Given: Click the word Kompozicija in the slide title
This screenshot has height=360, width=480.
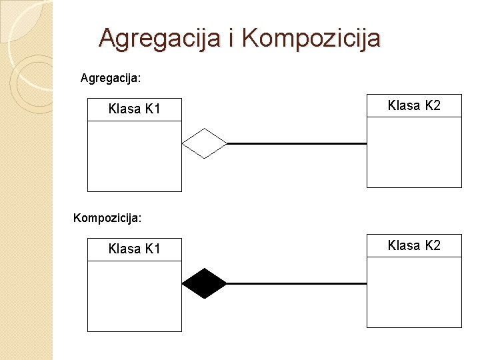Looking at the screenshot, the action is (311, 38).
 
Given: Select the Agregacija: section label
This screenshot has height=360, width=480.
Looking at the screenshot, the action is (111, 78).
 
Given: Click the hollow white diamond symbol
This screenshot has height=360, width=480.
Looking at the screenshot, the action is (205, 143).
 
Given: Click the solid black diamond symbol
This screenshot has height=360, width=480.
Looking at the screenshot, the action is (205, 283).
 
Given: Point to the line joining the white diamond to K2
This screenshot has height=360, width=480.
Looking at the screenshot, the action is (297, 143).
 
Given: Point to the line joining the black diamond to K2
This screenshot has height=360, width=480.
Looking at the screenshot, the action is (297, 283).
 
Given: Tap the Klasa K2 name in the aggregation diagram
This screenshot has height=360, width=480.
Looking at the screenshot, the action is (414, 105).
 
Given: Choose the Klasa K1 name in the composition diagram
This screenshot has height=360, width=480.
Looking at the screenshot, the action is (134, 249).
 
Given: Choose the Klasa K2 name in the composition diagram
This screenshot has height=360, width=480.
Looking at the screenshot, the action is (414, 245).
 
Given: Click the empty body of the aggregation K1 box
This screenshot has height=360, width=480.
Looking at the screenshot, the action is (134, 156).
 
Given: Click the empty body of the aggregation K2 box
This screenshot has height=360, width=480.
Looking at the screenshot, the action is (414, 152).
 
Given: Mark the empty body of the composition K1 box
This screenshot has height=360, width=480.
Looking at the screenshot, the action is (134, 296).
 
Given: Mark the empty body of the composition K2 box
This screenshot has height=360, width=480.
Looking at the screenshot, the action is (414, 292).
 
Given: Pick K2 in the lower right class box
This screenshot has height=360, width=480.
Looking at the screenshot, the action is (433, 245).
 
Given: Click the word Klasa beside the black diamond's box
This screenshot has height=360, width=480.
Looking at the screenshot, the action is (124, 249).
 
